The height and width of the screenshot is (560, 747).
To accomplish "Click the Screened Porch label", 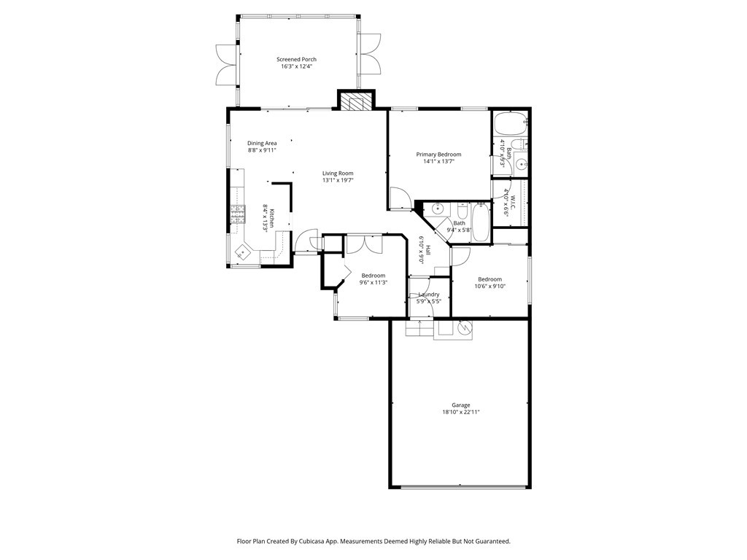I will click(296, 59).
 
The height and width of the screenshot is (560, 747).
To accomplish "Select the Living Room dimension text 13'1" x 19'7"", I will click(338, 180).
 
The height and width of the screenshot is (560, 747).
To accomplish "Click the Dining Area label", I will click(262, 143).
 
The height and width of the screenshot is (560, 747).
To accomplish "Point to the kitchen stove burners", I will click(237, 212).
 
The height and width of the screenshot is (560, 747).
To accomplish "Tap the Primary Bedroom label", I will click(438, 154).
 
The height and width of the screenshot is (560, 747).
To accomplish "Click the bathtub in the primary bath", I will click(510, 124).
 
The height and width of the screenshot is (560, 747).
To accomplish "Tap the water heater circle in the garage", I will click(465, 330).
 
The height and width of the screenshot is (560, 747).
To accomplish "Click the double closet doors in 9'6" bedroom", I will click(364, 244).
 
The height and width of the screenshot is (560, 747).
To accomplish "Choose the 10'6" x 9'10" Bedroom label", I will click(489, 279).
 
